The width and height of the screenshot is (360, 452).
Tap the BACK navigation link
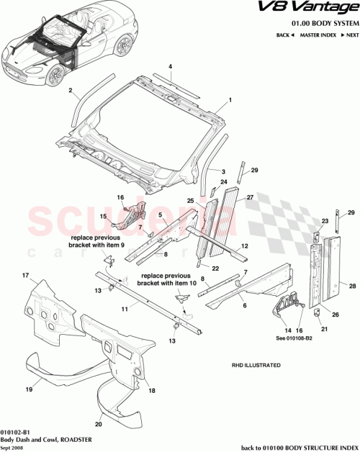coord(284,35)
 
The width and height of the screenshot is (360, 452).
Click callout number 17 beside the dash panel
coord(24,276)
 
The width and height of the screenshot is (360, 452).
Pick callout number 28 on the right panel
coord(352,286)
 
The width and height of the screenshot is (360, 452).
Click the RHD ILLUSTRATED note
coord(256,365)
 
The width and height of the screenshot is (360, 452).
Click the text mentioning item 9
coord(97,241)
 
